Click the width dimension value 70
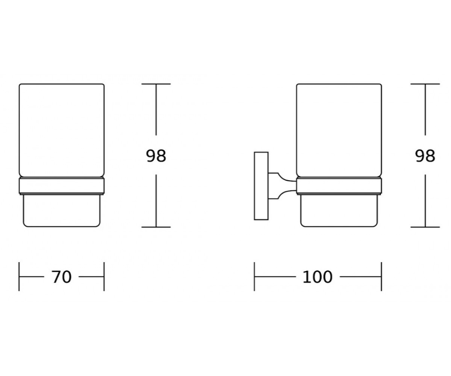[61, 277]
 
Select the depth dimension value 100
[317, 277]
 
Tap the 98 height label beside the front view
[156, 156]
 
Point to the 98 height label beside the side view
[425, 156]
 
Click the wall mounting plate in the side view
[261, 186]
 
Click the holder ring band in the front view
[62, 186]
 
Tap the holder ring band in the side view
[339, 186]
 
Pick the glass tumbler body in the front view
[62, 130]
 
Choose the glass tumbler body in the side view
[339, 130]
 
